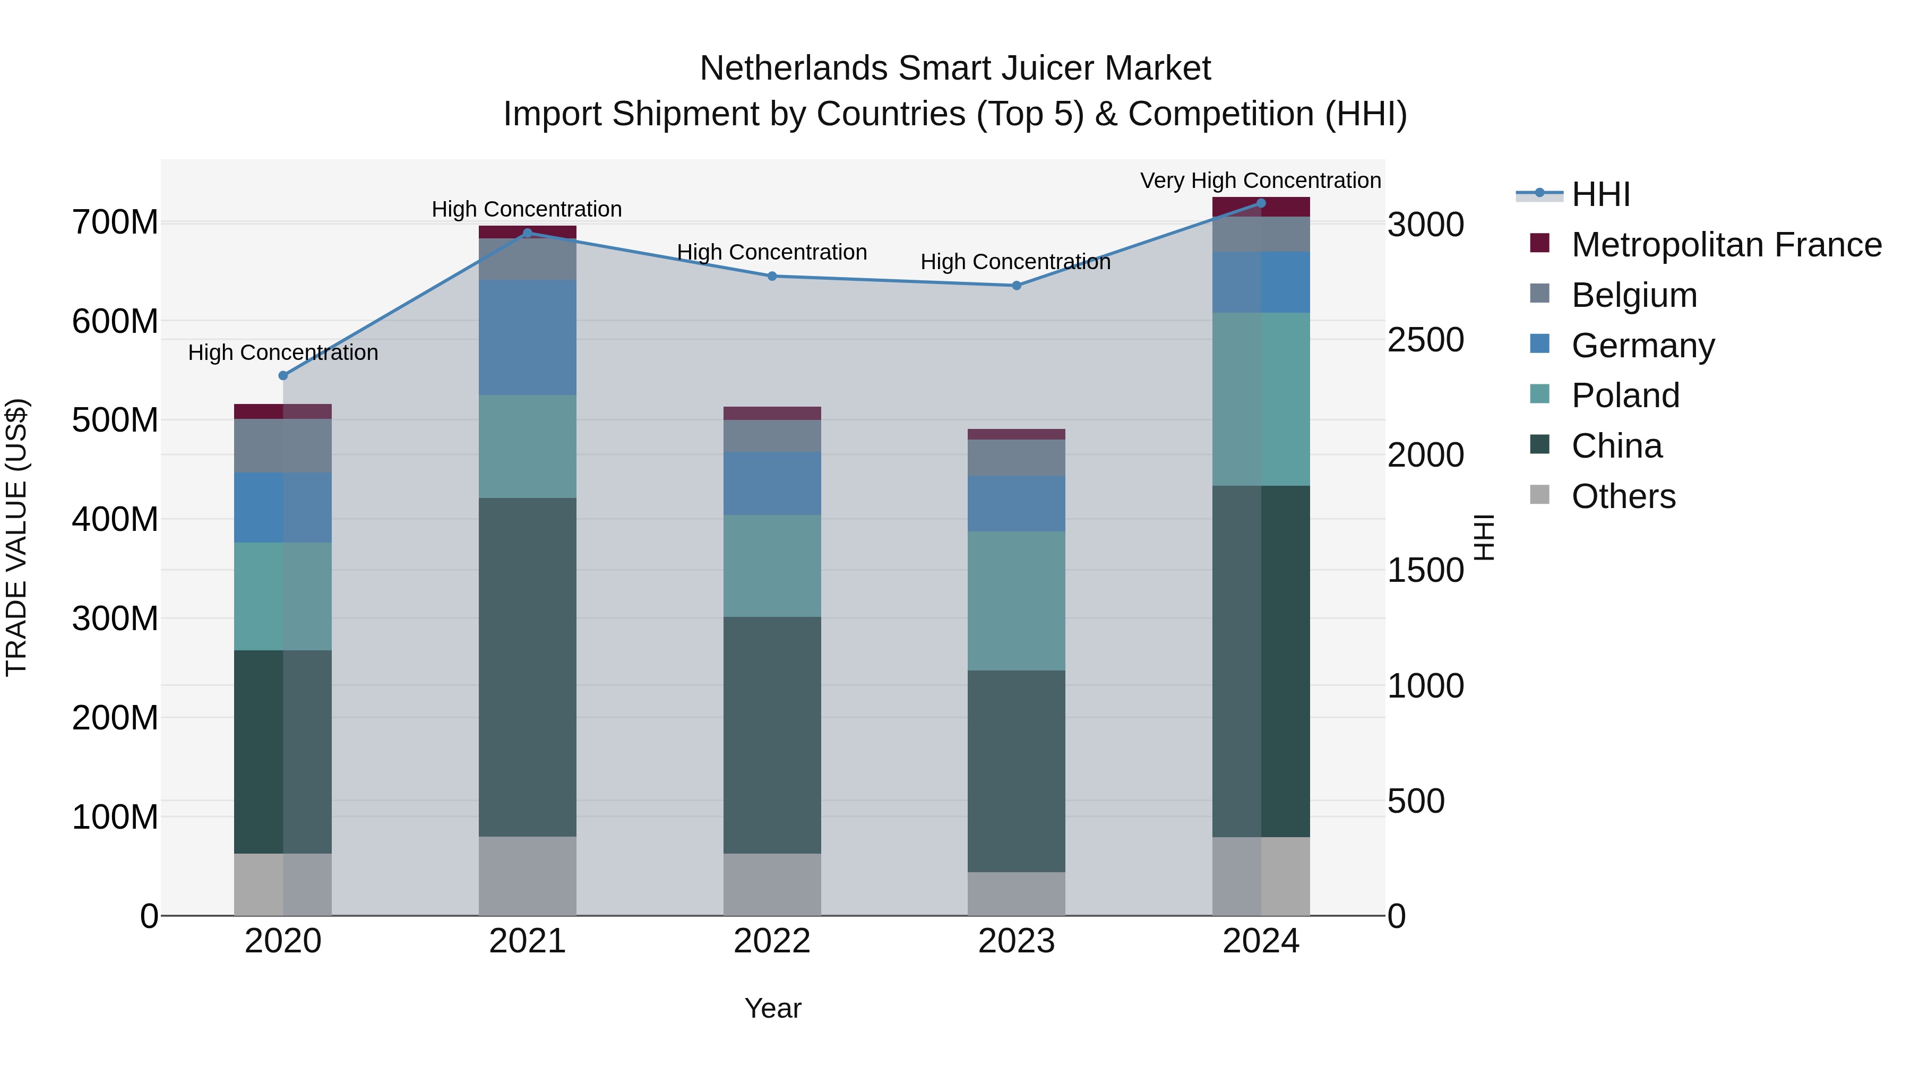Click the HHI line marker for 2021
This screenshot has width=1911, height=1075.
(528, 233)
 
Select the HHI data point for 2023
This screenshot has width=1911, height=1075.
(1017, 286)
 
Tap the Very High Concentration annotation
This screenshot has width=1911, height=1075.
(1260, 180)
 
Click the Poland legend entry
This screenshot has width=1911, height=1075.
(1625, 395)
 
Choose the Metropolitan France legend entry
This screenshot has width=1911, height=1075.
(1726, 245)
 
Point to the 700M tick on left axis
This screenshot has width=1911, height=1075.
(115, 222)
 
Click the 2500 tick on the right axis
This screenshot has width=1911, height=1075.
(1425, 340)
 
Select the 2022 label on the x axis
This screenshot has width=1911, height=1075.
(771, 941)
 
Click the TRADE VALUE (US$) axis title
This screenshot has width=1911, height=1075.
(16, 537)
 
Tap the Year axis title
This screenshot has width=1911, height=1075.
(772, 1008)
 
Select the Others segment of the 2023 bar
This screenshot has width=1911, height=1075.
(1017, 893)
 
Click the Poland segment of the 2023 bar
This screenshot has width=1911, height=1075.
(1017, 600)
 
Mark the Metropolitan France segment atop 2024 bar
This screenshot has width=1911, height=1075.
(1260, 207)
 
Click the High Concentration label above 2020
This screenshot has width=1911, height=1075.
(282, 352)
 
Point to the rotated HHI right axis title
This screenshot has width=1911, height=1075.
(1483, 537)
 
